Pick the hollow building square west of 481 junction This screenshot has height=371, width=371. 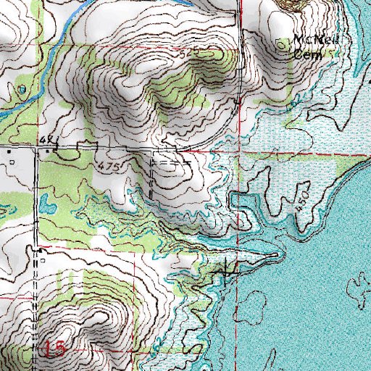point(9,153)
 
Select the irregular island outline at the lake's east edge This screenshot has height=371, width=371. point(359,286)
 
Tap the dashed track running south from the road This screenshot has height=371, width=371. point(151,178)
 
